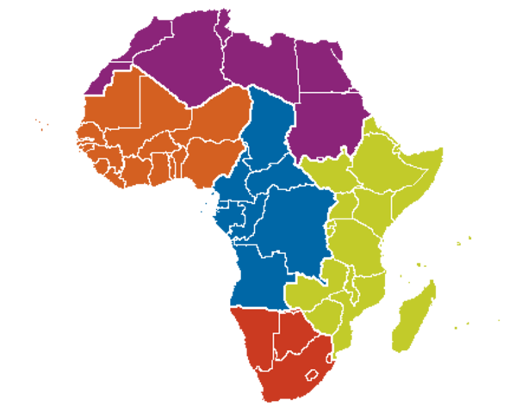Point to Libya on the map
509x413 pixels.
258,69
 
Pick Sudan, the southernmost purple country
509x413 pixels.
332,125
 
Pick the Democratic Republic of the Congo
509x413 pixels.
289,228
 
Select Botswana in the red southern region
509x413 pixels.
293,331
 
